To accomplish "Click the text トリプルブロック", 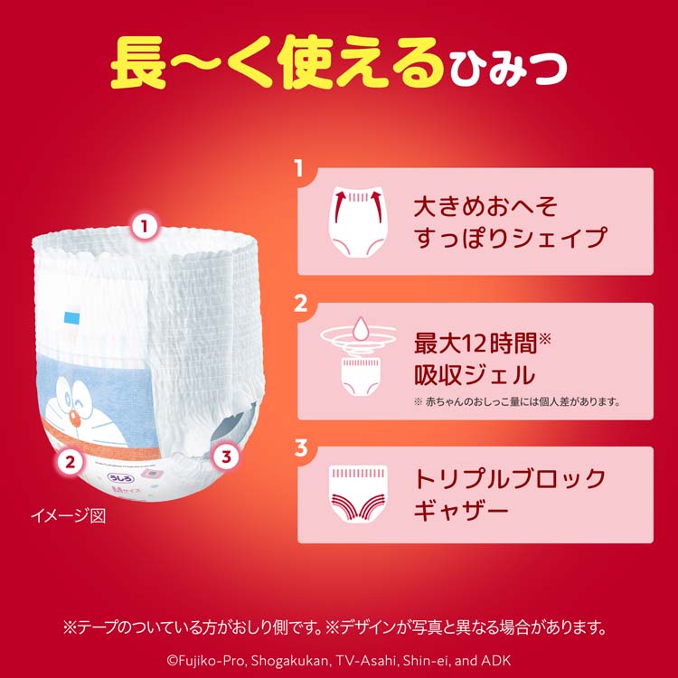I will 509,478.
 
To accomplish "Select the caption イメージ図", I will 69,516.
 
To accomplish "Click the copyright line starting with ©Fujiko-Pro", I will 340,657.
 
